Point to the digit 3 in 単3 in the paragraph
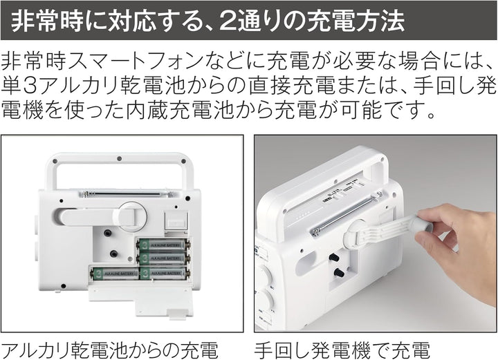click(31, 85)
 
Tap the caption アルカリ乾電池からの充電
click(109, 350)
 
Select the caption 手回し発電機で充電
click(342, 350)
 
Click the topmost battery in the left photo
click(163, 245)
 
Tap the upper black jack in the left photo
click(107, 234)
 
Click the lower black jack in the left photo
click(113, 254)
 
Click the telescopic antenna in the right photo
click(342, 216)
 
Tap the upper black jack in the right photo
click(334, 257)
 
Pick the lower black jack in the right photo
click(339, 272)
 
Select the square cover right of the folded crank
click(176, 220)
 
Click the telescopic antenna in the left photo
click(122, 193)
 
